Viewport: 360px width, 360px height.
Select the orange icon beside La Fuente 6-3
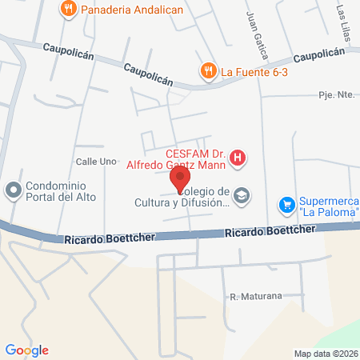click(x=208, y=70)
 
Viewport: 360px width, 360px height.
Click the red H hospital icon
click(x=238, y=159)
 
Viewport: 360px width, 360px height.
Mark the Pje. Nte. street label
click(x=336, y=94)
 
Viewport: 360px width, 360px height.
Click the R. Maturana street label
click(x=256, y=296)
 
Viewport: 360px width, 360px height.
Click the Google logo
click(x=26, y=350)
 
